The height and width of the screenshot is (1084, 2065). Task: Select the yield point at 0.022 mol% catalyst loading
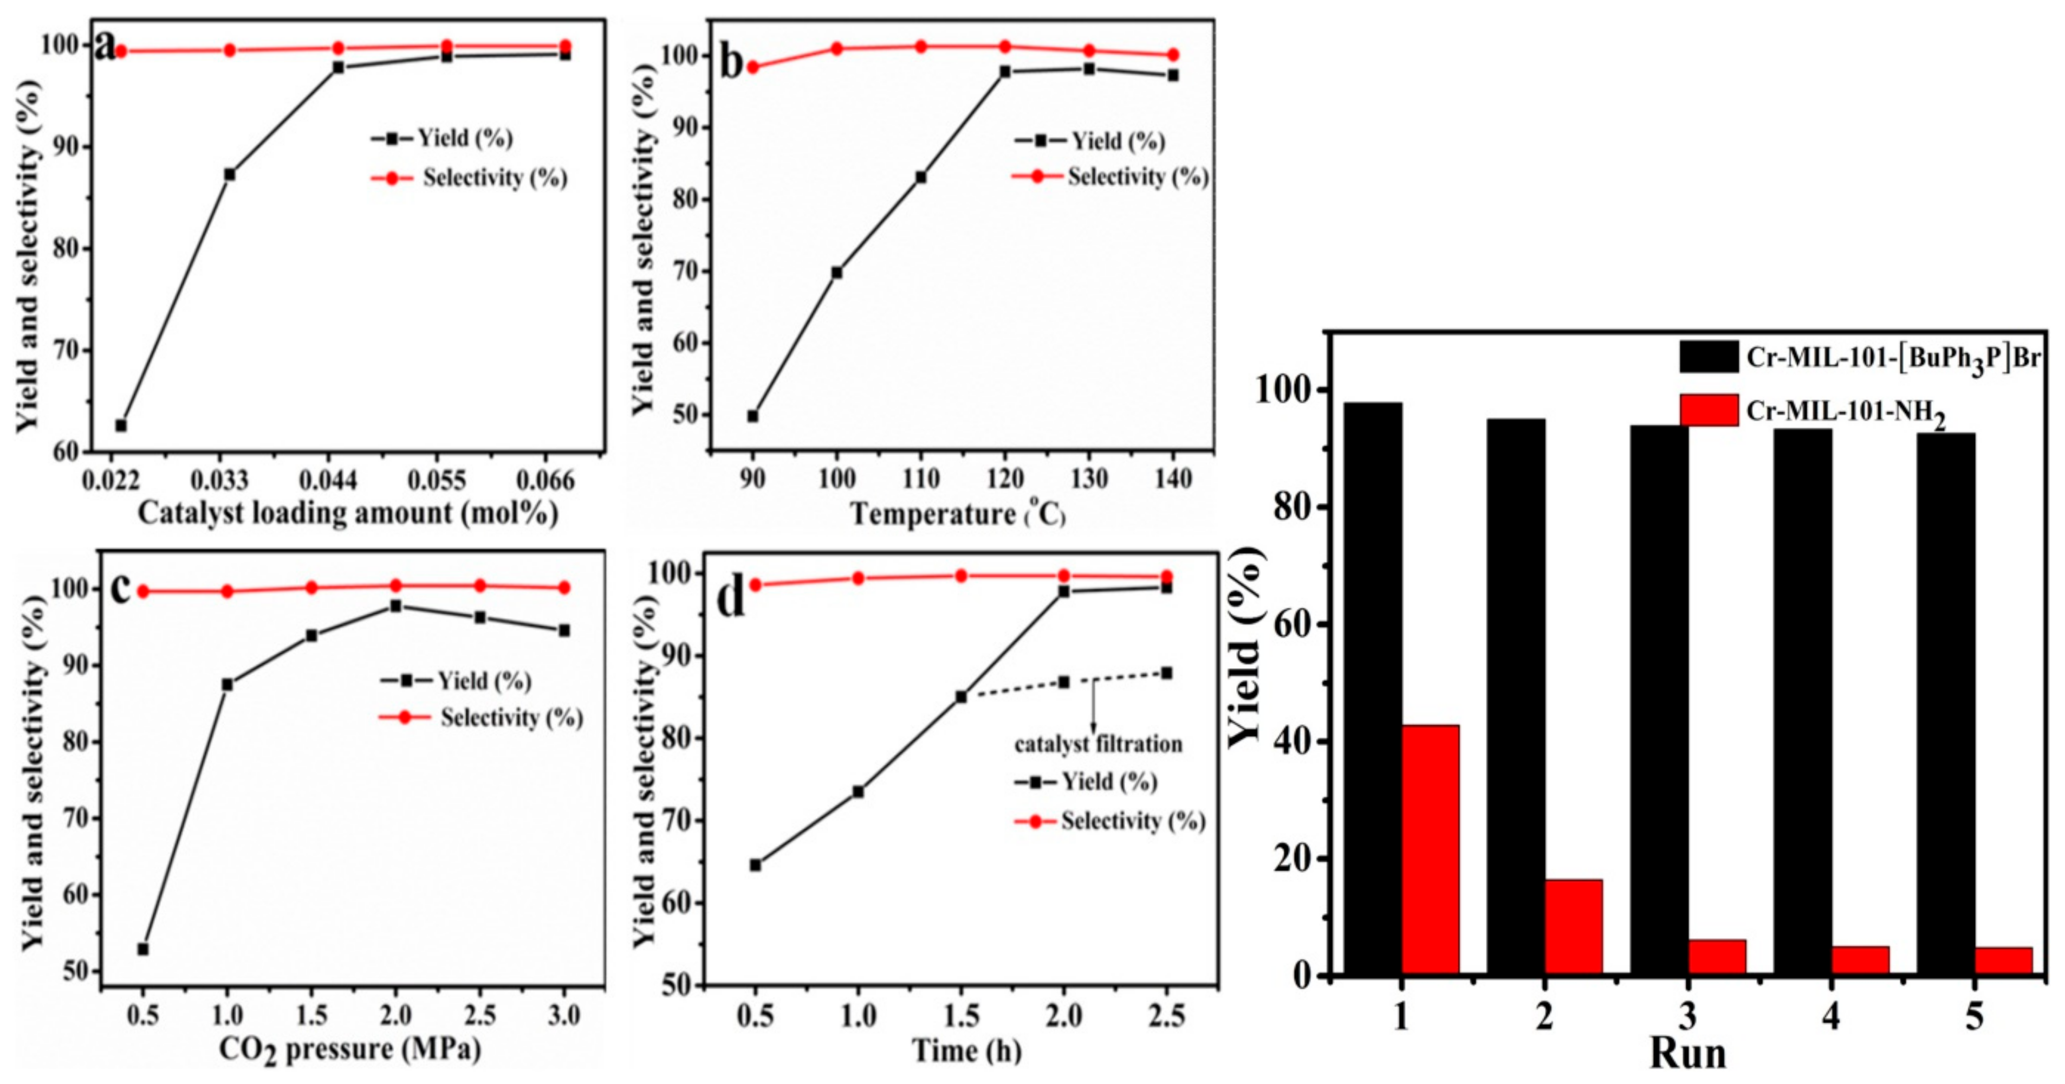click(121, 425)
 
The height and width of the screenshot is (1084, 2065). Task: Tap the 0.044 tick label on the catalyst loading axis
click(329, 481)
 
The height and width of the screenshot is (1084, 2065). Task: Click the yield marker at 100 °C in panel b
click(836, 273)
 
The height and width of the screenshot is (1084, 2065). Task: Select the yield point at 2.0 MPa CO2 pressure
click(395, 606)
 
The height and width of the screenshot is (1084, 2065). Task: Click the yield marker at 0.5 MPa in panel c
click(142, 949)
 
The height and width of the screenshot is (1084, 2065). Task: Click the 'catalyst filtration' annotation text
click(1098, 744)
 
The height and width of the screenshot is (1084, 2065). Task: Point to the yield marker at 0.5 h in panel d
click(755, 865)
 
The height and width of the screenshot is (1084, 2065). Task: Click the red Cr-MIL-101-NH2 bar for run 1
click(1430, 850)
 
